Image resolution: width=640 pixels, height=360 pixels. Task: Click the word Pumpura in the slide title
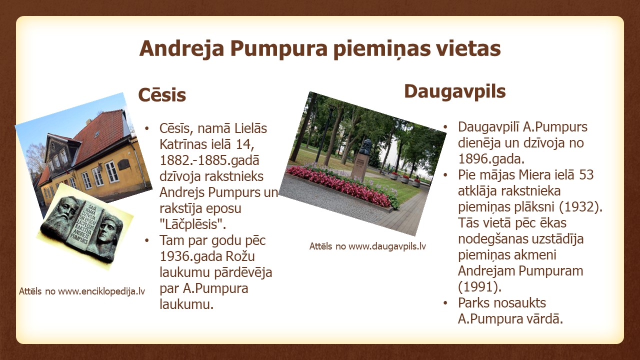point(278,49)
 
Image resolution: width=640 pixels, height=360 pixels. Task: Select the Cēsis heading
point(162,94)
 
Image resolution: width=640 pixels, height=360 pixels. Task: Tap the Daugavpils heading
point(455,92)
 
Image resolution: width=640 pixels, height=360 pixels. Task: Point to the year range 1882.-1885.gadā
point(209,160)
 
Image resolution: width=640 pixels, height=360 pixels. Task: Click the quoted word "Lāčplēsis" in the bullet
point(193,224)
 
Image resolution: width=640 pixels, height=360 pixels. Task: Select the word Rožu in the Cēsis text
point(240,256)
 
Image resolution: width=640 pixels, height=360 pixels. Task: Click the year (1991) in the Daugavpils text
point(479,287)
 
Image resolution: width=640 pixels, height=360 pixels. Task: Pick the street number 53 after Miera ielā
point(586,175)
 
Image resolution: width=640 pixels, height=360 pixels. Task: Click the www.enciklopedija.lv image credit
point(82,291)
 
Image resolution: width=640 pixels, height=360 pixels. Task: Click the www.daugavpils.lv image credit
point(367,246)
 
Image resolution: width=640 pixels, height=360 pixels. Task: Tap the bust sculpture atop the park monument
point(365,147)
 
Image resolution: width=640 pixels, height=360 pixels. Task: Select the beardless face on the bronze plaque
point(106,231)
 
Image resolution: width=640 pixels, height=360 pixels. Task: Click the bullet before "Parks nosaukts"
point(445,303)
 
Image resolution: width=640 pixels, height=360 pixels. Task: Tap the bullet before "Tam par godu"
point(147,240)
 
